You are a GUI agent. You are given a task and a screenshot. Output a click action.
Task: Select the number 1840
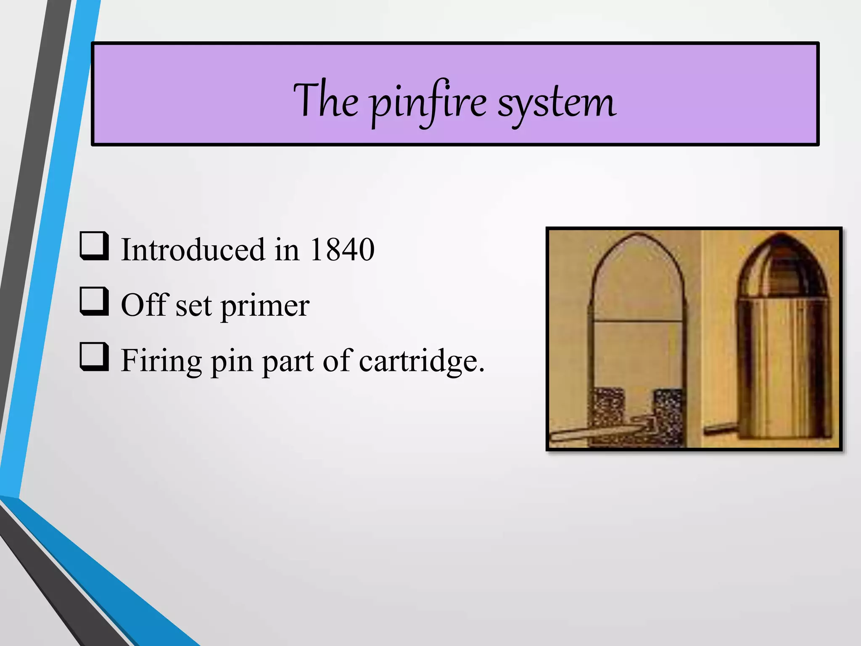pyautogui.click(x=341, y=250)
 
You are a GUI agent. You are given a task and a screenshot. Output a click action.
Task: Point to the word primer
pyautogui.click(x=265, y=306)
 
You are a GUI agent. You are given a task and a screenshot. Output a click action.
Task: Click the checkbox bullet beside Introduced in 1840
pyautogui.click(x=94, y=246)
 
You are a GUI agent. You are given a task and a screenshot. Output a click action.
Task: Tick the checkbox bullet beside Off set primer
pyautogui.click(x=94, y=302)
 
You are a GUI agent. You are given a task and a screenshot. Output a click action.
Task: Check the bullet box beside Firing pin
pyautogui.click(x=94, y=357)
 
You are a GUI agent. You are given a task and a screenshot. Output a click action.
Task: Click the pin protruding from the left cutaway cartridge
pyautogui.click(x=589, y=433)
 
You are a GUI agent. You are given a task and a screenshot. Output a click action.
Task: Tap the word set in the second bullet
pyautogui.click(x=193, y=306)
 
